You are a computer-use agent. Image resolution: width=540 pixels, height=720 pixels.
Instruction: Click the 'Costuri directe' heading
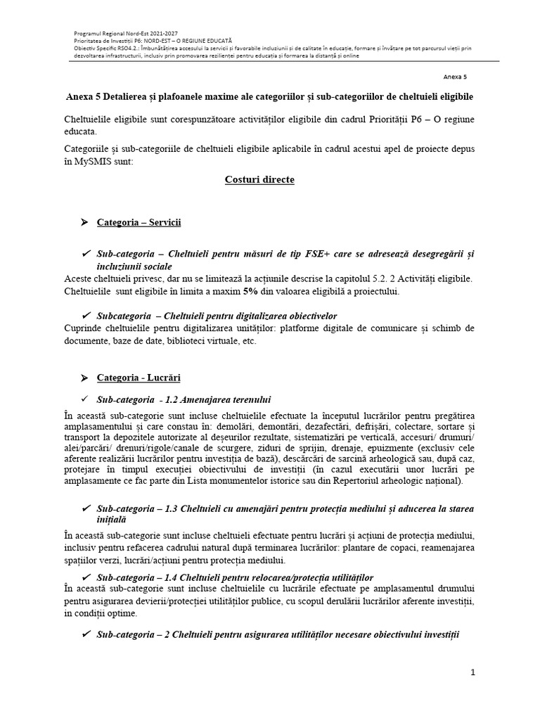click(x=259, y=180)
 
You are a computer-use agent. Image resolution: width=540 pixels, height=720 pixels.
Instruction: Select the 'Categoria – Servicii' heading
click(x=139, y=222)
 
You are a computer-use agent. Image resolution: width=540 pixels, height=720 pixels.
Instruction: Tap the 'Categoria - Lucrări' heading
click(x=139, y=378)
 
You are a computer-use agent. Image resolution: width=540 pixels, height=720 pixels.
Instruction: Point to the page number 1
click(x=473, y=672)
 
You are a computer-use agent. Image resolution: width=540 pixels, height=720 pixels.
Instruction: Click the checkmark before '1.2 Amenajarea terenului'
click(x=85, y=399)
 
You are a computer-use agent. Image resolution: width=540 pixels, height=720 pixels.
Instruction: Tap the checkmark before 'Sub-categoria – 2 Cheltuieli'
click(x=85, y=634)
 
